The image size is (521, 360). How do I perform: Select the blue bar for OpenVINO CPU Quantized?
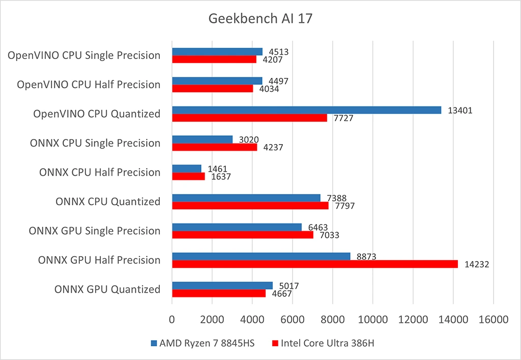(306, 110)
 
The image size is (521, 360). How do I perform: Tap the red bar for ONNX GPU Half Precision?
(315, 264)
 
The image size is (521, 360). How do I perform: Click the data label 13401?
(460, 110)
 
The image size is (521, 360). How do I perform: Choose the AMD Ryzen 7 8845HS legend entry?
(202, 343)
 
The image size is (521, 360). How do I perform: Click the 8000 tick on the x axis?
(333, 320)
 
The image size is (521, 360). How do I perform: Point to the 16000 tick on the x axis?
(493, 320)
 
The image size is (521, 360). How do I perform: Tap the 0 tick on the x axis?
(172, 320)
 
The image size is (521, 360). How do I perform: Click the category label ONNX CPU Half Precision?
(100, 173)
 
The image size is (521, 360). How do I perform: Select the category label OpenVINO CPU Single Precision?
(84, 56)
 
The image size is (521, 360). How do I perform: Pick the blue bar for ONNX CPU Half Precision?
(187, 169)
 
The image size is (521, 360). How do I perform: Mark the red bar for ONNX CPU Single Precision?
(214, 147)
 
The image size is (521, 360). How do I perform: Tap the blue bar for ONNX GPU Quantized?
(222, 286)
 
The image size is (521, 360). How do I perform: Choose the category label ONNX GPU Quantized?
(107, 290)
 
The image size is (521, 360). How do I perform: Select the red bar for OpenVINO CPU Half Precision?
(212, 89)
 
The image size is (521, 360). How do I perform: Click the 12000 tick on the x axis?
(413, 320)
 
